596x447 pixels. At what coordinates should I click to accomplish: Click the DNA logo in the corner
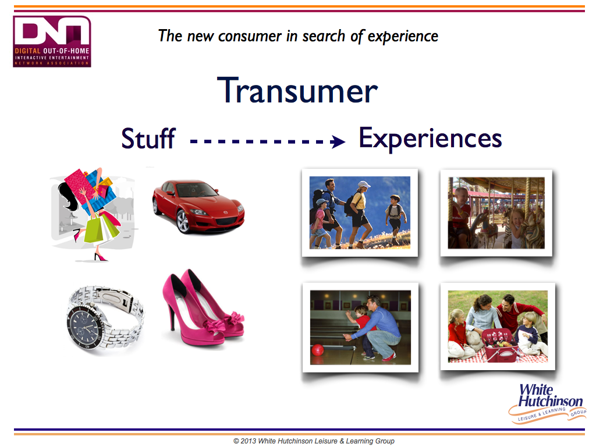point(52,41)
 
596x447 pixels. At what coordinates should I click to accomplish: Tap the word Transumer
point(297,90)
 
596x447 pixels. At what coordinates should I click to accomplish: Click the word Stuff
point(148,138)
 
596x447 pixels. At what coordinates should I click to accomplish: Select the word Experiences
point(430,139)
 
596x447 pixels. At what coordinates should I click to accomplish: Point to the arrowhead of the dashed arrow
point(338,142)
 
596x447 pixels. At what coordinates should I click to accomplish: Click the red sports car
point(198,205)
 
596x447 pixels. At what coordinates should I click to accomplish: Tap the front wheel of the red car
point(183,221)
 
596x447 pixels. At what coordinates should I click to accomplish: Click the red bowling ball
point(317,350)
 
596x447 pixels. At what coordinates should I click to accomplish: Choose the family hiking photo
point(360,212)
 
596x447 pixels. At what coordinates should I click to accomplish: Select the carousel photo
point(496,212)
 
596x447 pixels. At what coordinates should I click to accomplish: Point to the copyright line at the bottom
point(314,441)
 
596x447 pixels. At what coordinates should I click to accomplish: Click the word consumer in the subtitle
point(250,36)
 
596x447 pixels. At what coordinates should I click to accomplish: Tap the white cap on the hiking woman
point(364,185)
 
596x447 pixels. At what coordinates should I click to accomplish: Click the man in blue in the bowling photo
point(378,327)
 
